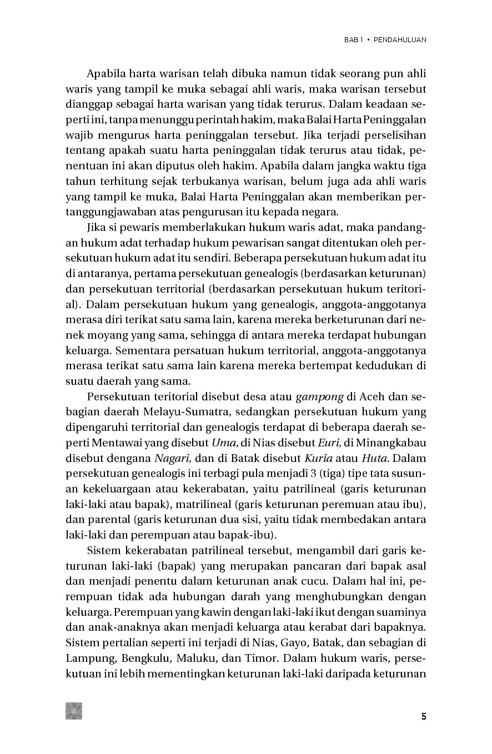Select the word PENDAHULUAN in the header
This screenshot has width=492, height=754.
400,40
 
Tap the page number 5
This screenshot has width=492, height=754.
424,716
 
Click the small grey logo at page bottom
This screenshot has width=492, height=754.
74,711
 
